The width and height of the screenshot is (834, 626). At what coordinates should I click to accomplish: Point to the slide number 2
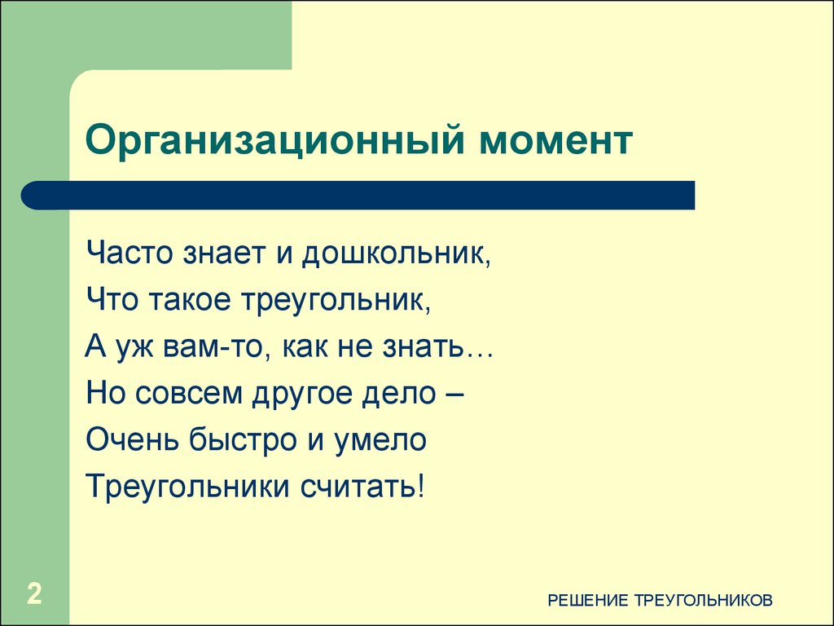[x=34, y=593]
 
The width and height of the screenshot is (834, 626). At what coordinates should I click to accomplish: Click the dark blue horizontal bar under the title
[x=358, y=196]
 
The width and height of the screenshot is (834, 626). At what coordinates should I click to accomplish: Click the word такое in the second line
[x=192, y=301]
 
